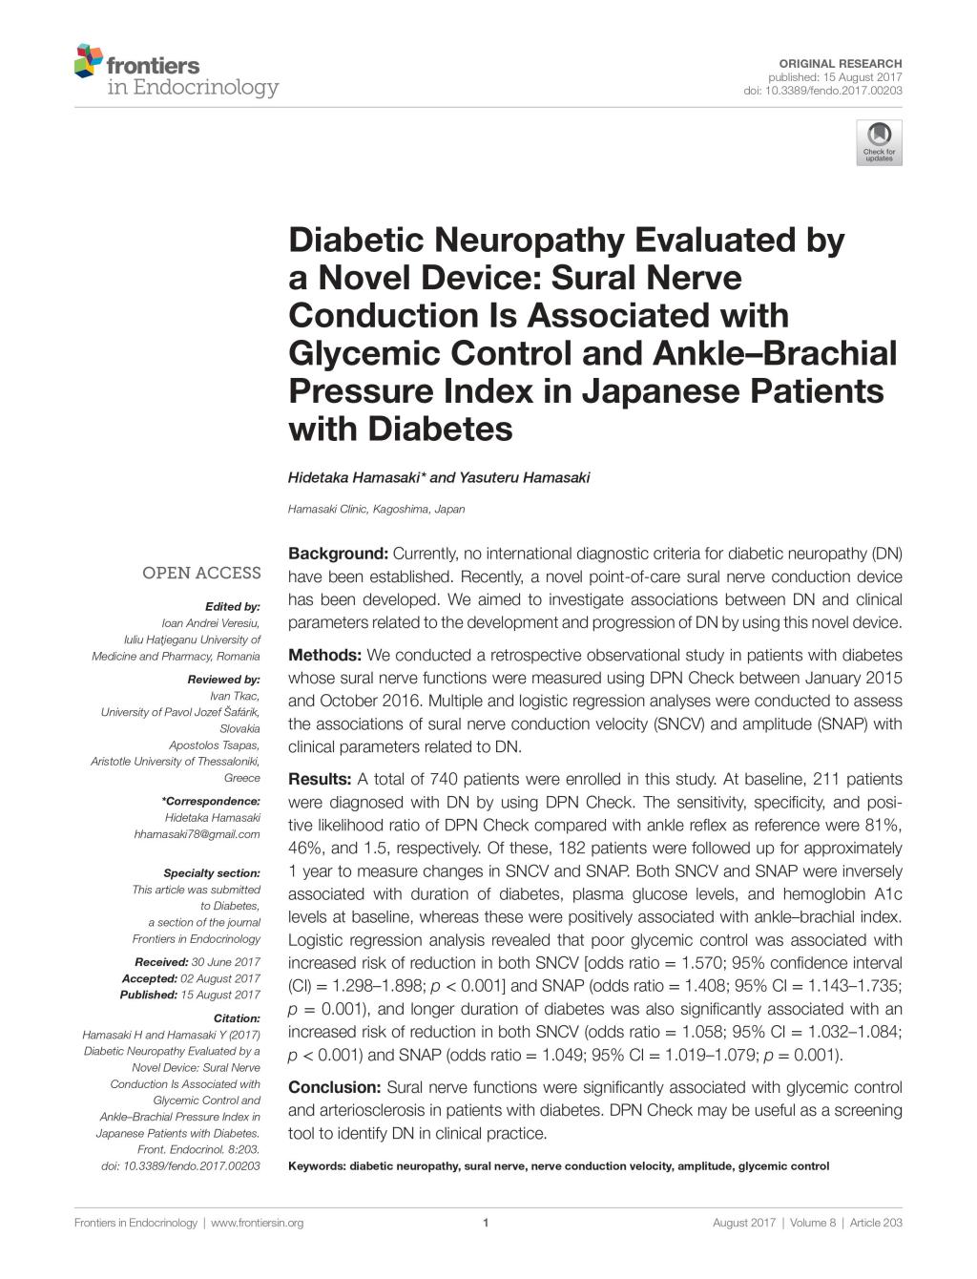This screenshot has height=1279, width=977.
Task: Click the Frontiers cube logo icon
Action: pos(88,60)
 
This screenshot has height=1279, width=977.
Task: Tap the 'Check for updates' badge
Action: pos(879,142)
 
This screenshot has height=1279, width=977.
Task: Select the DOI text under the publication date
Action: pos(822,91)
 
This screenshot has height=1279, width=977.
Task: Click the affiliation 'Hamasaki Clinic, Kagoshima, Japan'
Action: pos(376,509)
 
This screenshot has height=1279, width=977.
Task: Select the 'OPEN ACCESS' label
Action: pos(201,573)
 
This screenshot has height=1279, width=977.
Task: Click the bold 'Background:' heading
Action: pos(338,554)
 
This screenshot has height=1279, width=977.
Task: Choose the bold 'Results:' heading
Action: pos(321,779)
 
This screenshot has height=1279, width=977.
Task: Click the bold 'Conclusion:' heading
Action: pos(334,1087)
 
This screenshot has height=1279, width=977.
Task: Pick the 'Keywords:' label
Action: pos(317,1165)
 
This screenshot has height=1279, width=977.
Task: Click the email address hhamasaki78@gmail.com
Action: pos(197,834)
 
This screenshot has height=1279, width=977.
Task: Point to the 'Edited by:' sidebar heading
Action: pos(232,606)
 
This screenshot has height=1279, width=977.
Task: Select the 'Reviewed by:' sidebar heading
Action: pos(224,680)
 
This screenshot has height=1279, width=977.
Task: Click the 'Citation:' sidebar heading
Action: pos(237,1018)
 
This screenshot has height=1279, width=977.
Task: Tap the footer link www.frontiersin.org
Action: pos(257,1223)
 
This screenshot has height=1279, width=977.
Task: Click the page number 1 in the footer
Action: pos(487,1223)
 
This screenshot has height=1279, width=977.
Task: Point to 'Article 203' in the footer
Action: pos(876,1223)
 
